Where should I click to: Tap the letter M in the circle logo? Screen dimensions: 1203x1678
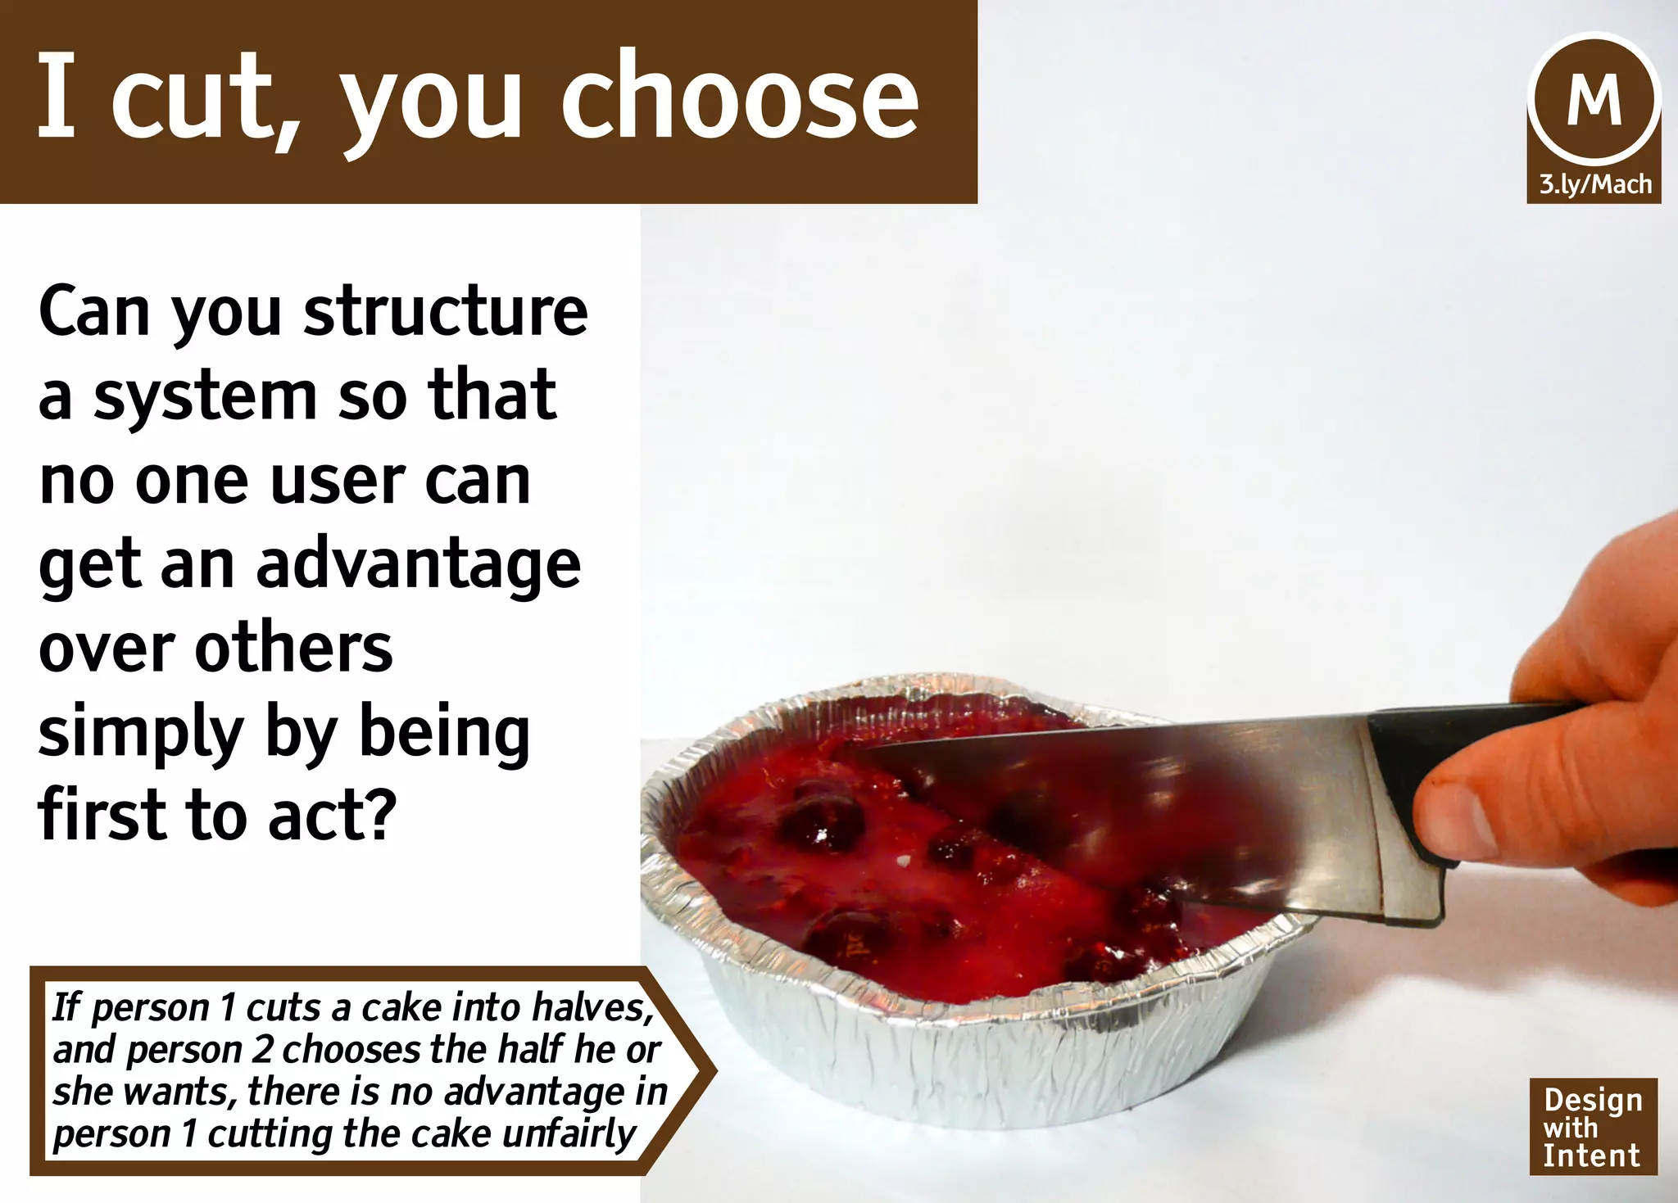[1594, 100]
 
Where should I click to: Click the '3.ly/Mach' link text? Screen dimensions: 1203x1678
[1594, 183]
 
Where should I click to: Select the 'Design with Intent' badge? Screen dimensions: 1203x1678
[1592, 1127]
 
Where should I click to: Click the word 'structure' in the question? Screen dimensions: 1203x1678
[446, 311]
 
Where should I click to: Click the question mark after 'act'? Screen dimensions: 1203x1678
[379, 814]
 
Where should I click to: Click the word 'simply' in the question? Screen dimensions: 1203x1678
[139, 735]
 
